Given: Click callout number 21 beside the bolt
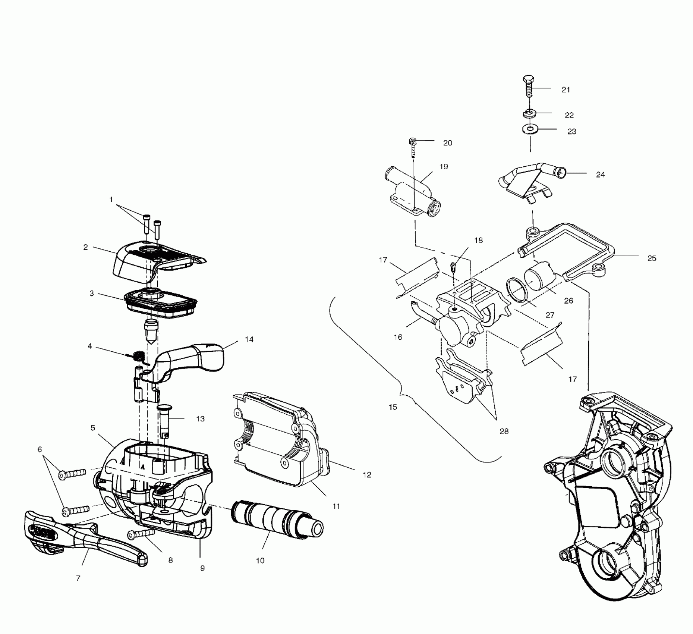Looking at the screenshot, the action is [x=566, y=90].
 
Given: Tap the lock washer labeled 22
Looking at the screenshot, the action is [x=528, y=113].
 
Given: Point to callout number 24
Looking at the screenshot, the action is [x=600, y=175].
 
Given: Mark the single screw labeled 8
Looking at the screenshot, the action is [x=141, y=534].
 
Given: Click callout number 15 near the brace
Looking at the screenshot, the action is [x=393, y=407].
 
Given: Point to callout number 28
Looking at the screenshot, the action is [x=504, y=431].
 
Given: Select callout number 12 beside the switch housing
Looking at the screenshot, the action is [x=367, y=475].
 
